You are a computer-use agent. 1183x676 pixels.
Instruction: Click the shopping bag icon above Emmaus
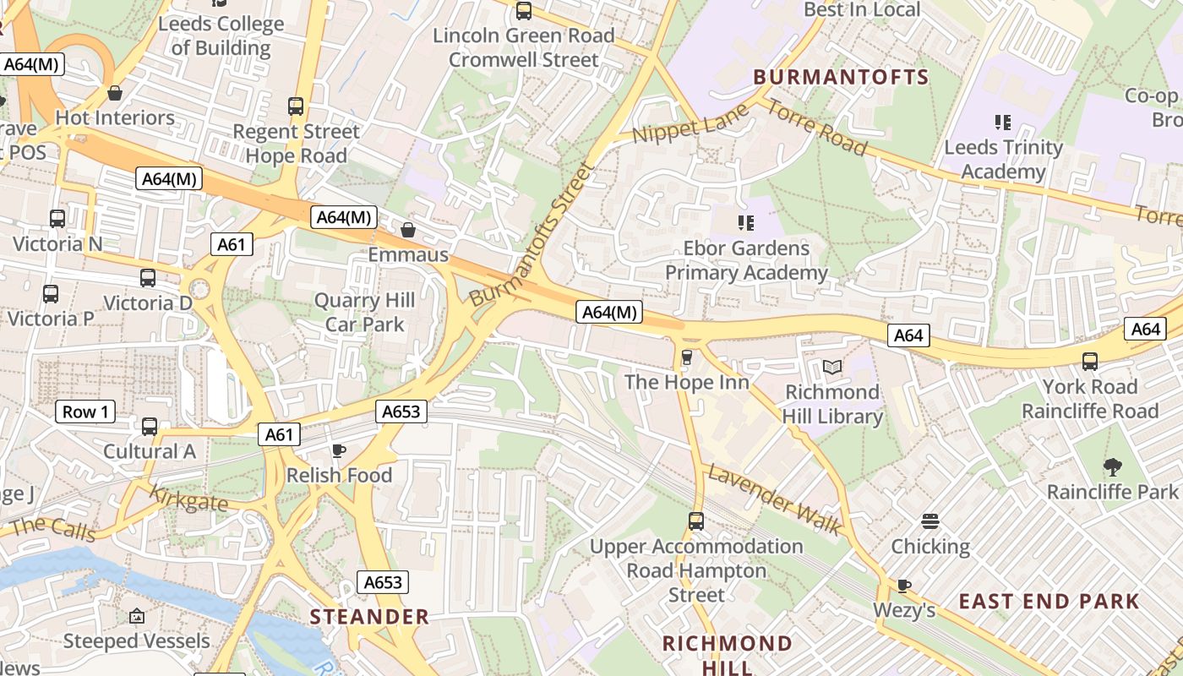(x=408, y=230)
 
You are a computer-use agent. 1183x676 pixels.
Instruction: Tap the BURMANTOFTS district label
(x=841, y=77)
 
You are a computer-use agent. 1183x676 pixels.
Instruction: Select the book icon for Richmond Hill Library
(x=832, y=367)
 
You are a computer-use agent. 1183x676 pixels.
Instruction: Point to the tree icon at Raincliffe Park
(x=1113, y=466)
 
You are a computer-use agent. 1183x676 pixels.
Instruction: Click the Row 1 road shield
(x=85, y=412)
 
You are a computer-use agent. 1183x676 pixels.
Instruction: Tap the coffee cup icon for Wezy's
(x=904, y=585)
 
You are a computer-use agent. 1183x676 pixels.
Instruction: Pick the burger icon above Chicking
(x=930, y=521)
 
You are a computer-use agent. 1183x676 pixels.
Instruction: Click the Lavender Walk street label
(x=775, y=500)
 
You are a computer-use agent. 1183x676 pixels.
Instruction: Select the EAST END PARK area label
(x=1049, y=602)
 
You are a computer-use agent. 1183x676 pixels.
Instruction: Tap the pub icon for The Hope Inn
(x=687, y=357)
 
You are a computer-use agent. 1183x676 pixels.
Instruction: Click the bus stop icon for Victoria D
(x=148, y=278)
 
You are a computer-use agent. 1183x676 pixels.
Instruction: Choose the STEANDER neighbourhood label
(x=369, y=617)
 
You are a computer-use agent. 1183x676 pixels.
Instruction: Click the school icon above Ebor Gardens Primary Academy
(x=745, y=223)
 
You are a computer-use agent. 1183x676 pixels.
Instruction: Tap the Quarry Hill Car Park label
(x=365, y=312)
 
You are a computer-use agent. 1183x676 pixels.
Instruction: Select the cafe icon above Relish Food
(x=339, y=450)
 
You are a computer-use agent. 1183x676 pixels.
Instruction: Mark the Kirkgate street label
(x=189, y=498)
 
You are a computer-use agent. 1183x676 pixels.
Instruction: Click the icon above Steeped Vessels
(x=137, y=616)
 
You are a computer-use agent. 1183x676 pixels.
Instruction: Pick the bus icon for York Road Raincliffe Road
(x=1090, y=362)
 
